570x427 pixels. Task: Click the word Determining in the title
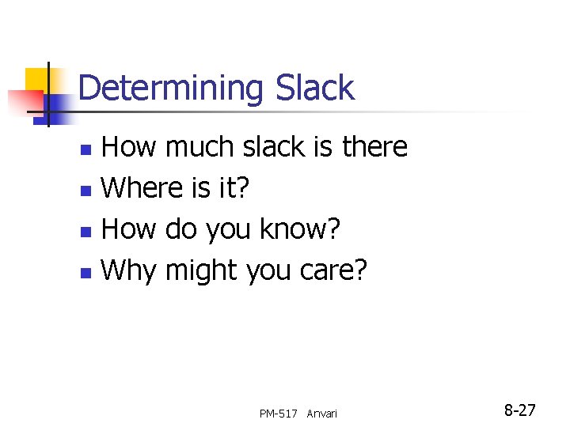(x=169, y=88)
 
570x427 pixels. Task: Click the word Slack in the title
(x=314, y=88)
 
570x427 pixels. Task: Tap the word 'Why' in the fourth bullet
(x=130, y=270)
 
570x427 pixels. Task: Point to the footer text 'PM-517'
(x=278, y=414)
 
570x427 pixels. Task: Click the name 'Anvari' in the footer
(x=321, y=414)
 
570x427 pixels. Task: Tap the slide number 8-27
(x=520, y=410)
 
